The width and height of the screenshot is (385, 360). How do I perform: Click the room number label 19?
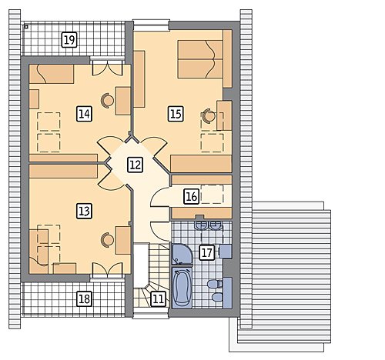(x=69, y=40)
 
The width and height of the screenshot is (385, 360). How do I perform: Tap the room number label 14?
(x=85, y=114)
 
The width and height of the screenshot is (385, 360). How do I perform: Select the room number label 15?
(x=176, y=114)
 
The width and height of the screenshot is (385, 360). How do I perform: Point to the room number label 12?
(x=136, y=165)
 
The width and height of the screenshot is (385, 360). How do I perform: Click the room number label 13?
(x=85, y=212)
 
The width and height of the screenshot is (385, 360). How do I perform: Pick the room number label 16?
(x=192, y=197)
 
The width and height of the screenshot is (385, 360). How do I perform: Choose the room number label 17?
(x=207, y=253)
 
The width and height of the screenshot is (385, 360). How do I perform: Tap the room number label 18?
(x=85, y=299)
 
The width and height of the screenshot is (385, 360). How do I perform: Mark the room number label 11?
(x=158, y=299)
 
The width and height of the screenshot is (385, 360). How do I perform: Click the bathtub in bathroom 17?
(x=182, y=288)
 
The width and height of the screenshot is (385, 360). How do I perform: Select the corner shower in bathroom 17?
(x=182, y=254)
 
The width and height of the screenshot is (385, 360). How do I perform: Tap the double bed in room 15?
(x=200, y=58)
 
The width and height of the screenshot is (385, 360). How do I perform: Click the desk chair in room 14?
(x=107, y=101)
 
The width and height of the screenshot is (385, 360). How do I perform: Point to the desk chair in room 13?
(x=107, y=240)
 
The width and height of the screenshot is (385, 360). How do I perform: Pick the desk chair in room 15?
(x=209, y=115)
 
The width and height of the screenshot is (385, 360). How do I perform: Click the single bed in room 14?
(x=52, y=74)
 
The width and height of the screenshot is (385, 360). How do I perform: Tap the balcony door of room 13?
(x=107, y=271)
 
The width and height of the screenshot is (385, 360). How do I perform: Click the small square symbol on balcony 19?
(x=25, y=26)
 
